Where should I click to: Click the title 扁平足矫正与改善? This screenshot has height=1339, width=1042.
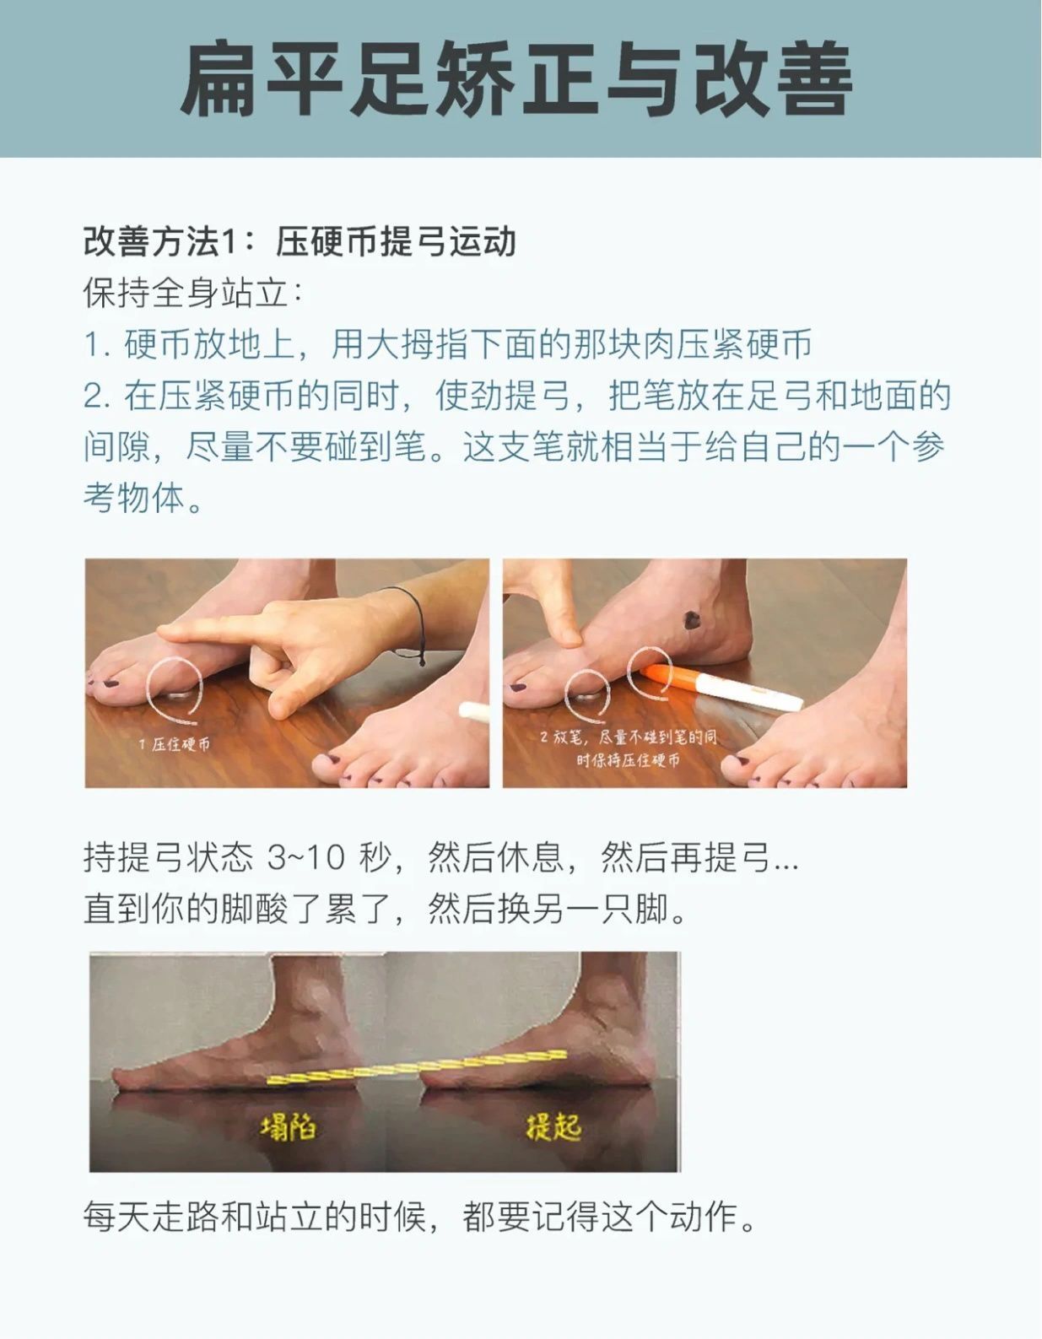pyautogui.click(x=516, y=78)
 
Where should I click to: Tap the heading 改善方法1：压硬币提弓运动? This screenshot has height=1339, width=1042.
pyautogui.click(x=300, y=241)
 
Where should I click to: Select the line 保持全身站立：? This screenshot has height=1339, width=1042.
pyautogui.click(x=193, y=293)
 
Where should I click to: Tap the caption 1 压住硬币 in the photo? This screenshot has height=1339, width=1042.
pyautogui.click(x=174, y=744)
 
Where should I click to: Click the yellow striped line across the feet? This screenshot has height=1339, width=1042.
pyautogui.click(x=417, y=1066)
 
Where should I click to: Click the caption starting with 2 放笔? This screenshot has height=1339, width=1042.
pyautogui.click(x=629, y=748)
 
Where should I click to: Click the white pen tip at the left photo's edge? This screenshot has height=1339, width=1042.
pyautogui.click(x=474, y=710)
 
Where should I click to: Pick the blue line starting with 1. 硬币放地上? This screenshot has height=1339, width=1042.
pyautogui.click(x=448, y=344)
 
